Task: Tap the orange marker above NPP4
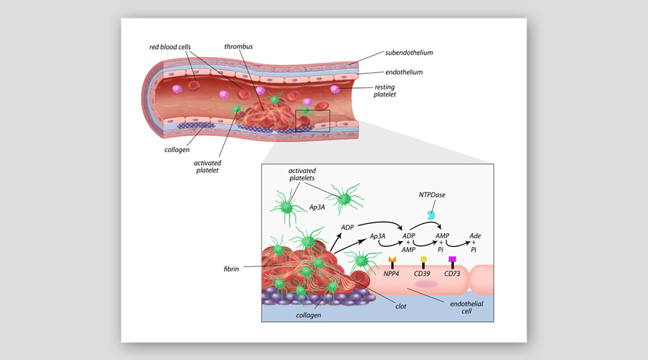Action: (392, 259)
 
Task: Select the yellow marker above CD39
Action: (423, 258)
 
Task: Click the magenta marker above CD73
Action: (452, 258)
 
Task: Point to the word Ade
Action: (475, 236)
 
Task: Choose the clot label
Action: (401, 306)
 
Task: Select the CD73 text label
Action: (452, 274)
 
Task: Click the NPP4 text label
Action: (392, 274)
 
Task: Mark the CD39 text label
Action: (423, 274)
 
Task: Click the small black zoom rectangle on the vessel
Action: (312, 120)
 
